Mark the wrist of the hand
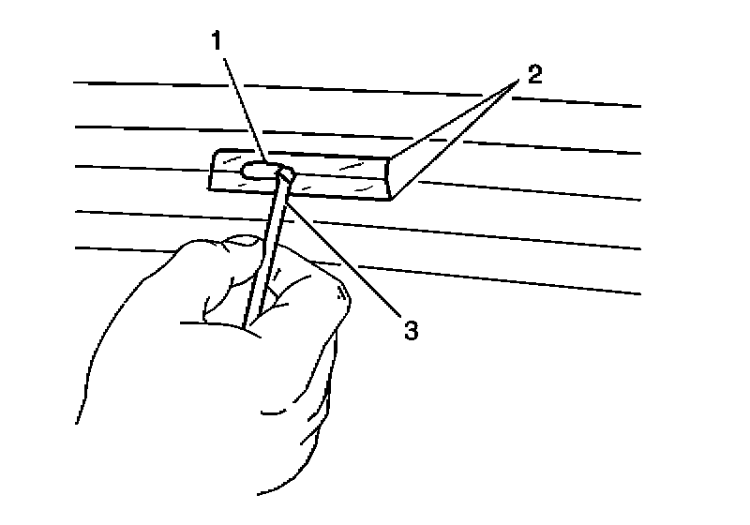[x=187, y=450]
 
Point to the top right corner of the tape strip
[x=389, y=158]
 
